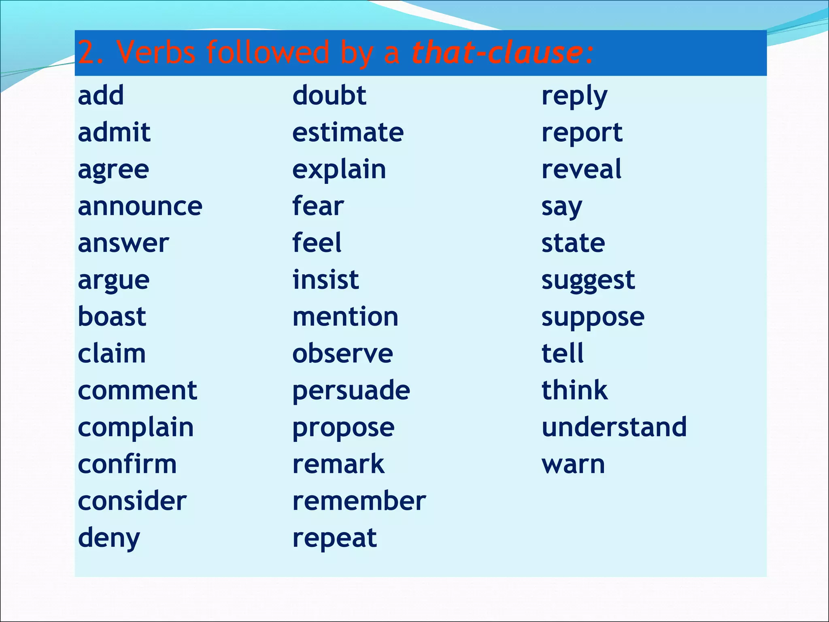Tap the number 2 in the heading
point(86,53)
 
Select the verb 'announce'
point(140,207)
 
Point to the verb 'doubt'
point(329,96)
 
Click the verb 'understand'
point(614,427)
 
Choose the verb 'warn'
point(573,464)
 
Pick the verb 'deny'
point(109,539)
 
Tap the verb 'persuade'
point(351,391)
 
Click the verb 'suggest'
point(588,281)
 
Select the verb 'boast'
point(112,317)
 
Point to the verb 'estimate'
point(348,132)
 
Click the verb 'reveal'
point(581,169)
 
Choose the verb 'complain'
point(136,428)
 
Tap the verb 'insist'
point(326,280)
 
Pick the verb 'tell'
point(563,354)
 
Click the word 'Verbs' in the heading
point(156,53)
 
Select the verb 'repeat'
point(335,539)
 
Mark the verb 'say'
point(562,207)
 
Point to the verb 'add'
point(101,96)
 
